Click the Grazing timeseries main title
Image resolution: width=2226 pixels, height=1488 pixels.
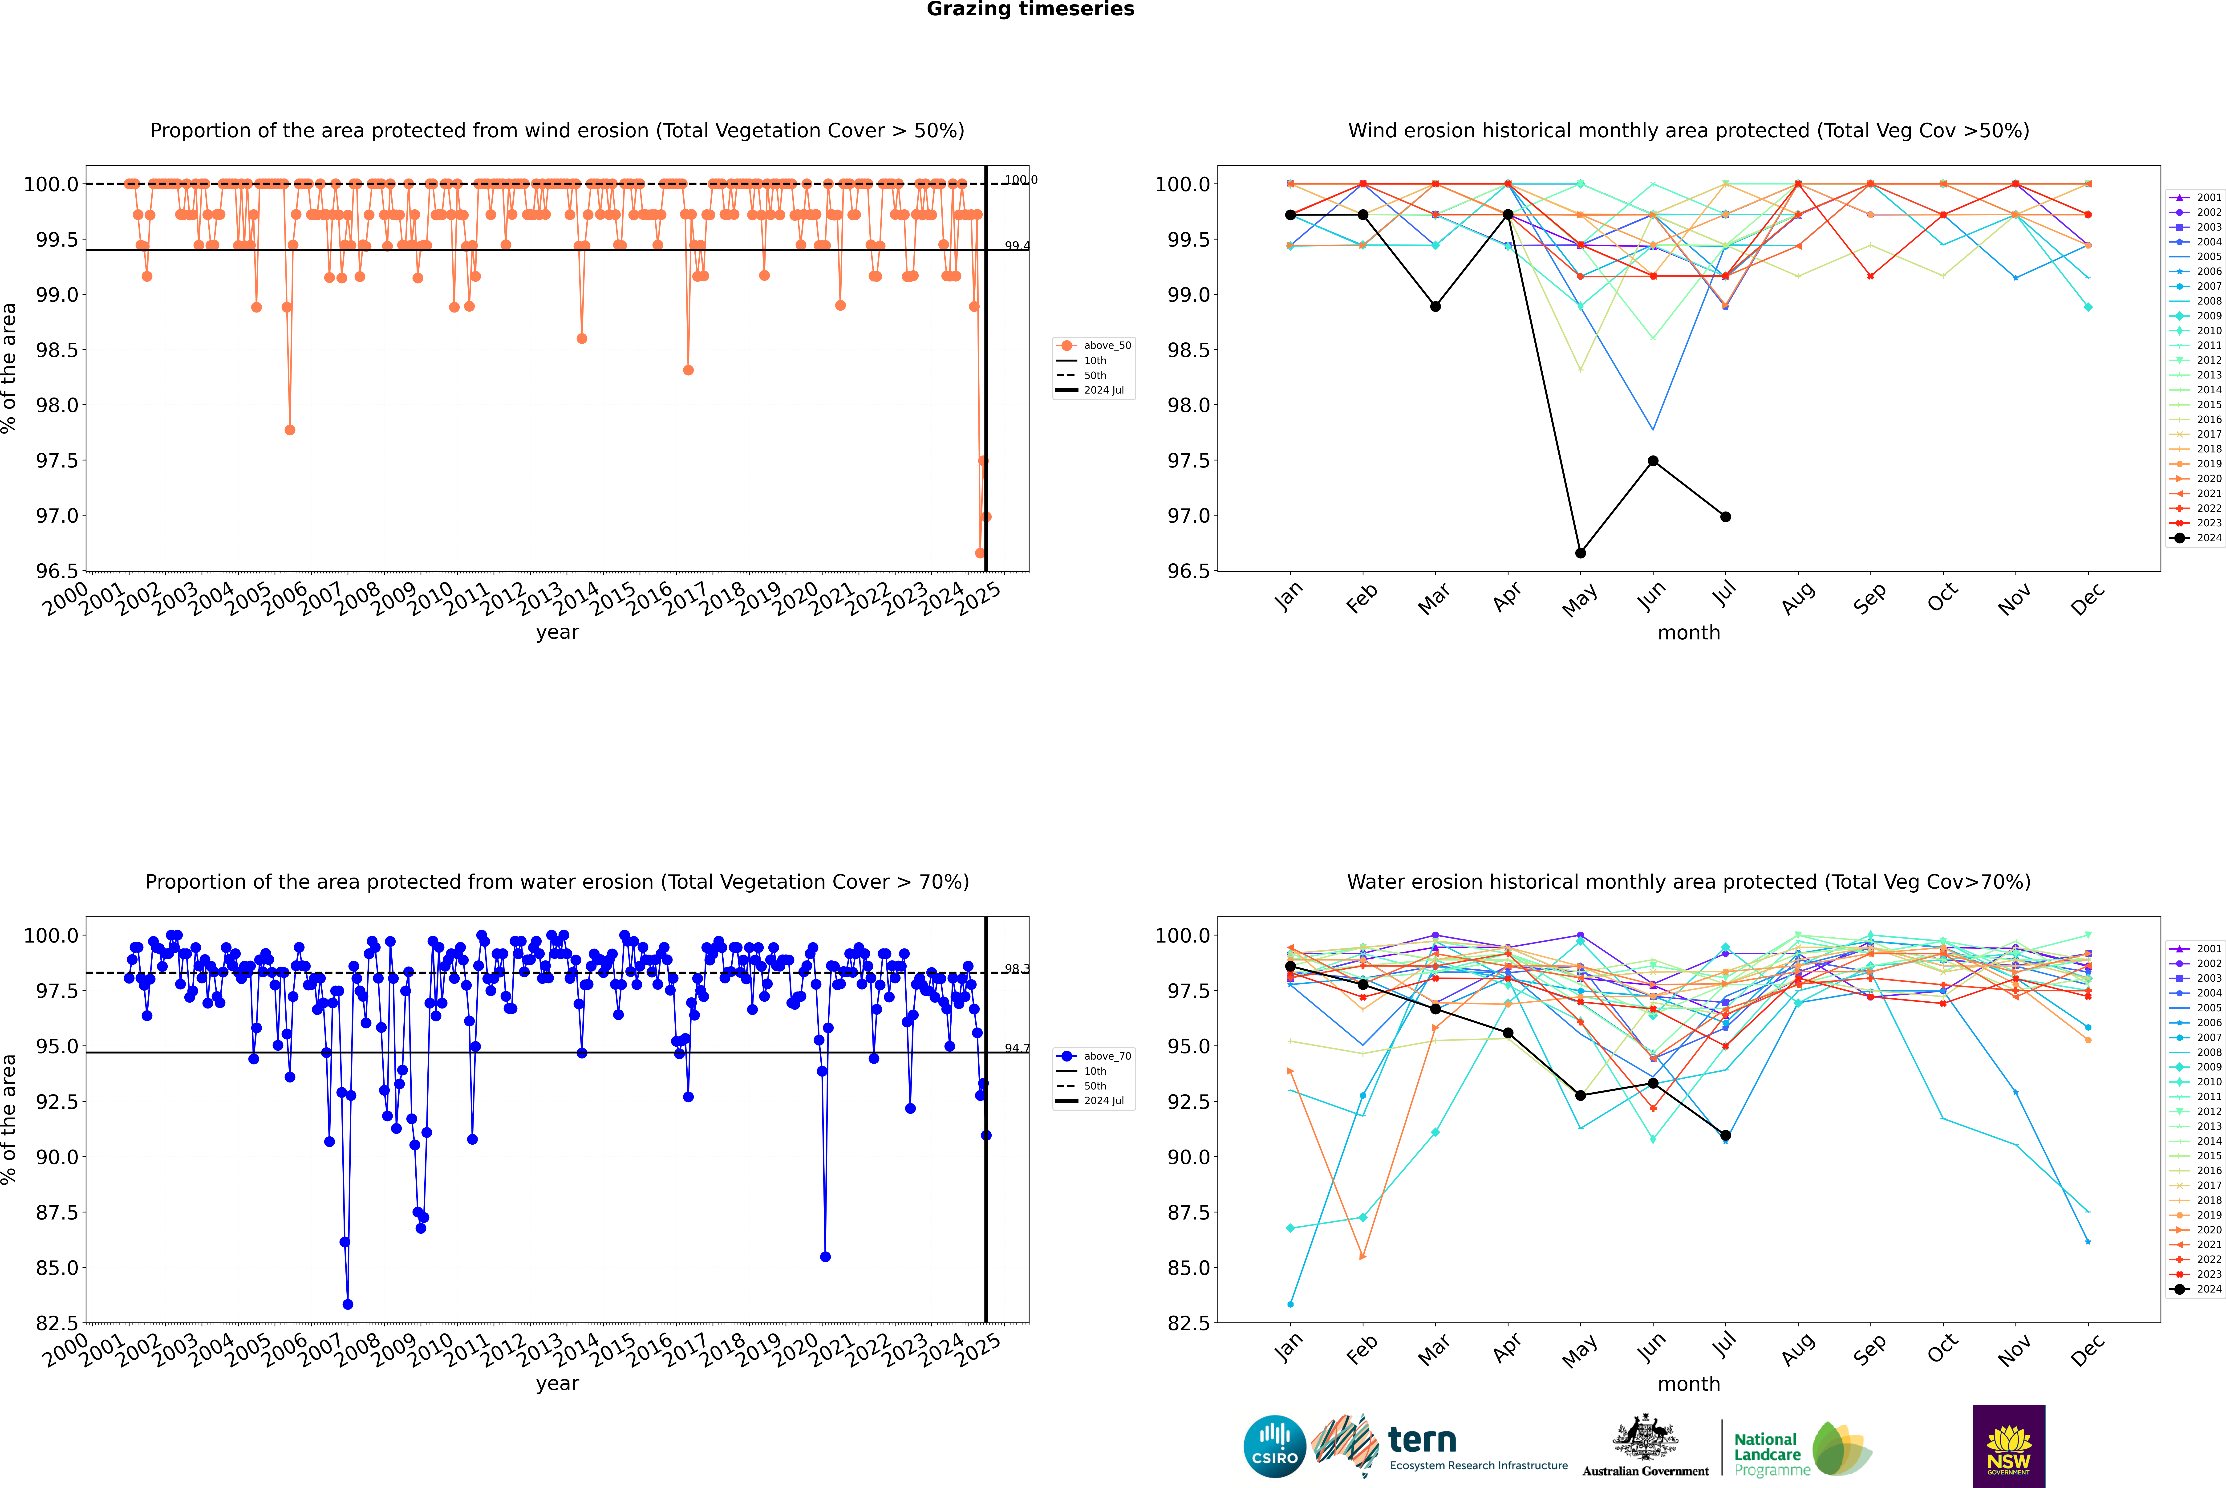click(x=1030, y=9)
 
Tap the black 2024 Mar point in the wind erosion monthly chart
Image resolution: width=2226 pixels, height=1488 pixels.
click(x=1435, y=306)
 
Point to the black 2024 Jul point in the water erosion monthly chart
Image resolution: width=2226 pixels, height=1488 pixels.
click(x=1725, y=1135)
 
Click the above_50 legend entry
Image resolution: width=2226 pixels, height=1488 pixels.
click(x=1094, y=346)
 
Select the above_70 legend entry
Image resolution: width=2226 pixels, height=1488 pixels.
click(x=1094, y=1056)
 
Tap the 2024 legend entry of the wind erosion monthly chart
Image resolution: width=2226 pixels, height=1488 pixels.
click(x=2196, y=538)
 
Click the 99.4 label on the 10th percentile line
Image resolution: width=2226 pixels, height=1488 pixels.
click(x=1017, y=246)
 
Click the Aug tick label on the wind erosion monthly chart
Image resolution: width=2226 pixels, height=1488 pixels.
click(x=1798, y=598)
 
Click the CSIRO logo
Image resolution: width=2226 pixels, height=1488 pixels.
click(x=1274, y=1446)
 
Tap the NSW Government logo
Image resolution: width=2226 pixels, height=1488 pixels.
click(x=2009, y=1446)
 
